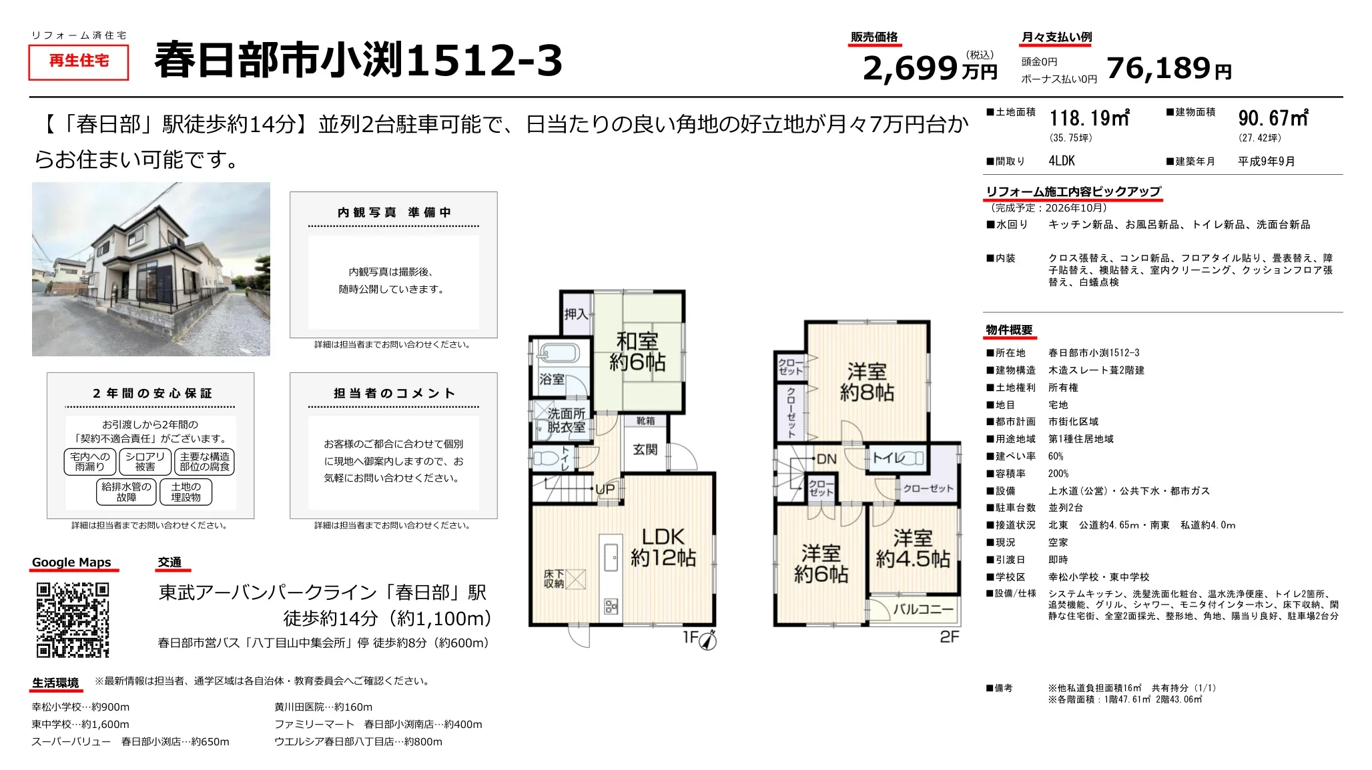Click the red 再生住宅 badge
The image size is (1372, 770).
(79, 62)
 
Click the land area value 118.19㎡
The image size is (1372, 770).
(1089, 119)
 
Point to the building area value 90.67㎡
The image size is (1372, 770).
(1273, 119)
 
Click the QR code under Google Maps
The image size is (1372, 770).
(72, 620)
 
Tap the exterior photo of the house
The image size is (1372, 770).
(151, 269)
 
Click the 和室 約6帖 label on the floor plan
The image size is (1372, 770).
(637, 352)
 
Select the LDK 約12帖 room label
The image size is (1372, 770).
(663, 547)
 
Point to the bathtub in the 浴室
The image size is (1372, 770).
(560, 354)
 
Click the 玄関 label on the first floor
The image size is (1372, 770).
(645, 450)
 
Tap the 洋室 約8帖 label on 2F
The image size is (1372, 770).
(867, 382)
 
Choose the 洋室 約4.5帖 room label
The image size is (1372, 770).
(913, 548)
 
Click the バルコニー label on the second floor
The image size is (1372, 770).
(923, 609)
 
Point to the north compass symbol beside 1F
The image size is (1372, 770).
(708, 641)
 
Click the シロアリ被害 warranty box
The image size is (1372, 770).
(145, 462)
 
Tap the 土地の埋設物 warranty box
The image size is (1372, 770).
(186, 492)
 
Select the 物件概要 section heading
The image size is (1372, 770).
(1009, 330)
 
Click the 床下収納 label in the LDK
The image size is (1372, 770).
(554, 579)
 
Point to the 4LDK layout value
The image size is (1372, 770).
(1062, 161)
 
